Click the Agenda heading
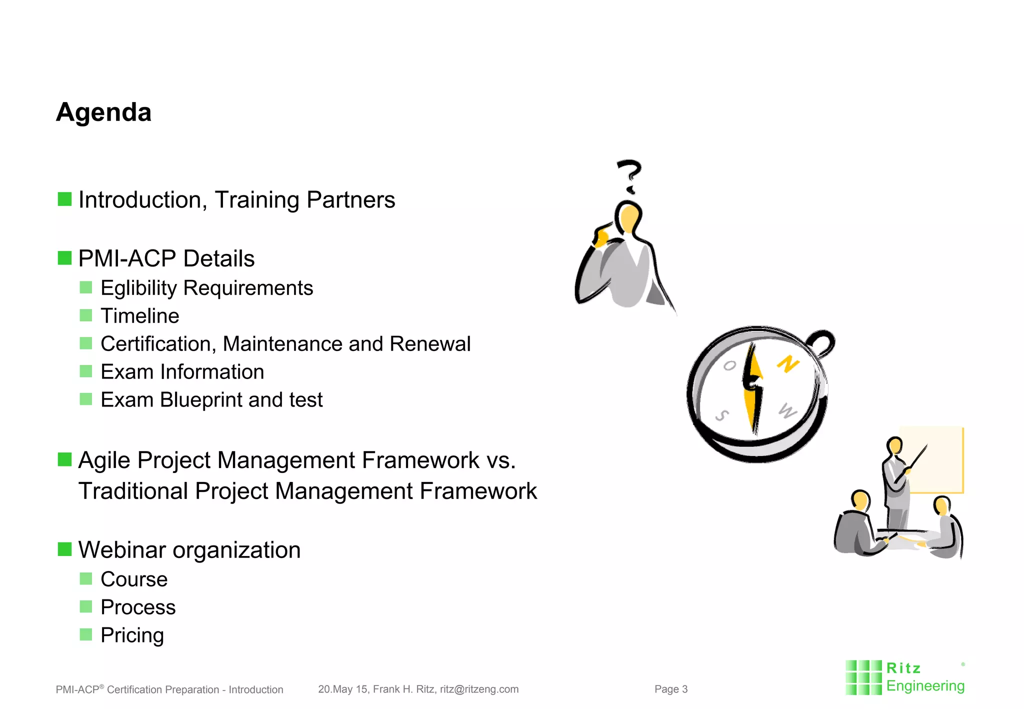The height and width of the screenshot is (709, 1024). tap(103, 112)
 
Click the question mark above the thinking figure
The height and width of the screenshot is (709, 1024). tap(629, 175)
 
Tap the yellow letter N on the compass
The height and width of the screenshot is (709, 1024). tap(788, 364)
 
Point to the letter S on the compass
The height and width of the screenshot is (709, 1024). tap(722, 415)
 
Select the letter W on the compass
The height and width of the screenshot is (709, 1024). tap(787, 411)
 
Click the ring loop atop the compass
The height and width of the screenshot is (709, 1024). tap(822, 343)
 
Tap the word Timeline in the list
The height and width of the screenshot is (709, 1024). tap(140, 316)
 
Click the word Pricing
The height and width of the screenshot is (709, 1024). tap(132, 635)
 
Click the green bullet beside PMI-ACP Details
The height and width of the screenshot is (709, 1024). tap(64, 258)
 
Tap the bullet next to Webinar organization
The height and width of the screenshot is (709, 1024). tap(64, 549)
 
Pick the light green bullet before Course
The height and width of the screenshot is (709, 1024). tap(86, 579)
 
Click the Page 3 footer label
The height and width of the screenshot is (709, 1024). tap(671, 689)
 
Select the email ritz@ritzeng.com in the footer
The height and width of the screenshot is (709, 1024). tap(479, 689)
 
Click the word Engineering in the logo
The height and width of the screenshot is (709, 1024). tap(925, 686)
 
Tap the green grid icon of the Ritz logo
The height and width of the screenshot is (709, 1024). tap(863, 677)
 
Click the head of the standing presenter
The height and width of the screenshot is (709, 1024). tap(894, 444)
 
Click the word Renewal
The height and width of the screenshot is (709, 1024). tap(430, 344)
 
